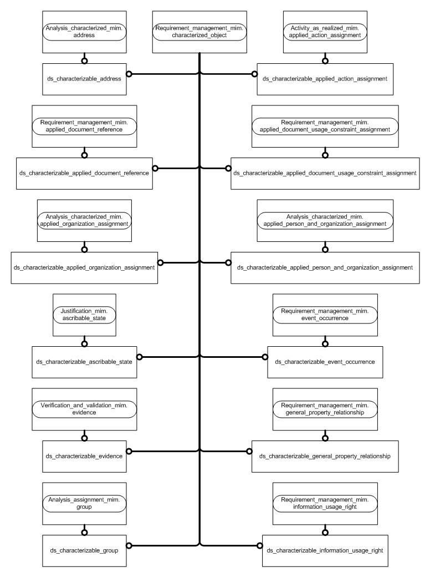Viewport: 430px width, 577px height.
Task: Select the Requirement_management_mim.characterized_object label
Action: (x=199, y=32)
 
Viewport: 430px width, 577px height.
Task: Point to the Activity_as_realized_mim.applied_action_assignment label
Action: (x=325, y=32)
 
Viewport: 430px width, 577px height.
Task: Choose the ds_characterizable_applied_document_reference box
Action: (x=84, y=173)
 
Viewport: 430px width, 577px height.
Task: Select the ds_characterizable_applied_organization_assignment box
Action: (x=84, y=267)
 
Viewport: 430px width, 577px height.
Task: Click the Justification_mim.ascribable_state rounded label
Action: (x=84, y=316)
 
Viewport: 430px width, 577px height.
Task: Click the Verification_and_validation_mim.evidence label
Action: (x=84, y=409)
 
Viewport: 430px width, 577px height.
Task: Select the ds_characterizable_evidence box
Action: (x=84, y=455)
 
